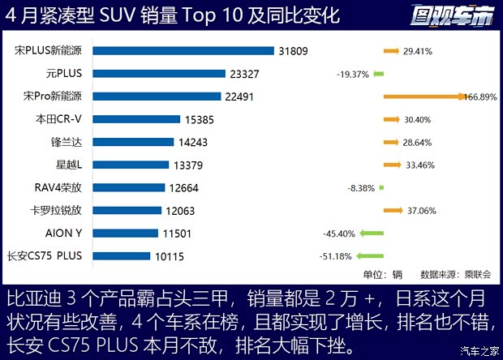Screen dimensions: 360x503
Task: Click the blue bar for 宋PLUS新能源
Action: click(x=183, y=50)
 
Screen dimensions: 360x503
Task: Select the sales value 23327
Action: click(x=246, y=73)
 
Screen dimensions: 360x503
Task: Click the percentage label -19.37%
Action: click(x=353, y=74)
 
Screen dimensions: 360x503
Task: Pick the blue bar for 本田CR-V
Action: click(x=135, y=119)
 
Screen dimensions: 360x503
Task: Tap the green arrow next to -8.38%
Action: click(x=381, y=188)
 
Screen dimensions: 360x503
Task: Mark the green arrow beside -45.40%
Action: click(x=372, y=234)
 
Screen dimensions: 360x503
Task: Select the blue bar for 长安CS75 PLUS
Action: click(x=121, y=256)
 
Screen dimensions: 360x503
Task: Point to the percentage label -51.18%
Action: click(x=335, y=257)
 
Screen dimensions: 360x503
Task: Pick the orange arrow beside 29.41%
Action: click(x=392, y=50)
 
